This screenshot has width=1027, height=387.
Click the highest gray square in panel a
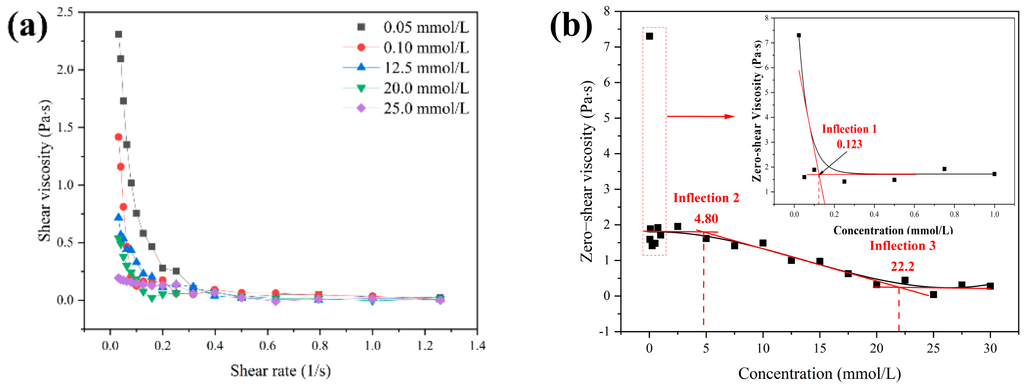pyautogui.click(x=118, y=34)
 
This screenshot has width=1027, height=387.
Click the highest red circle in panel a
pyautogui.click(x=118, y=137)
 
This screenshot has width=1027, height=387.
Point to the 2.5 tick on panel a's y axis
pyautogui.click(x=65, y=12)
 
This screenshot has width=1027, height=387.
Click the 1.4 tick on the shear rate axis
pyautogui.click(x=477, y=345)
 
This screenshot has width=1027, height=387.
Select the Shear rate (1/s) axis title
pyautogui.click(x=280, y=371)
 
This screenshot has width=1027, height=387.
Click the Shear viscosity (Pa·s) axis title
pyautogui.click(x=45, y=170)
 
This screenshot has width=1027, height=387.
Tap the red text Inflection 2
pyautogui.click(x=706, y=198)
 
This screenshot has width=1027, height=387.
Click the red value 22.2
pyautogui.click(x=902, y=266)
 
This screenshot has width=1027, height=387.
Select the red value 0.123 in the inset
pyautogui.click(x=849, y=144)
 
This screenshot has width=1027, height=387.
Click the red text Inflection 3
pyautogui.click(x=902, y=246)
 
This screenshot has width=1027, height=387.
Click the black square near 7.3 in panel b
pyautogui.click(x=649, y=36)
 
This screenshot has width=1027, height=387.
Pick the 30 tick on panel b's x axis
pyautogui.click(x=990, y=348)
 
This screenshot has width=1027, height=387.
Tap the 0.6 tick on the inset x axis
pyautogui.click(x=914, y=214)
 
